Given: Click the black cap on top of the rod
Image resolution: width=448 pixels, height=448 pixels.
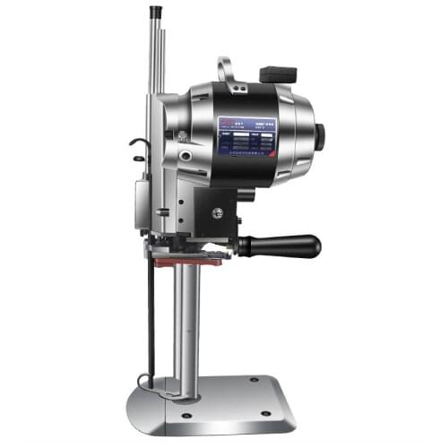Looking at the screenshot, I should pyautogui.click(x=154, y=12).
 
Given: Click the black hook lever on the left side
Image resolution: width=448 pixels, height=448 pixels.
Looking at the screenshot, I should pyautogui.click(x=136, y=145).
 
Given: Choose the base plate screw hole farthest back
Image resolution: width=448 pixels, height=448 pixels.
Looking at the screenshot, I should pyautogui.click(x=254, y=379).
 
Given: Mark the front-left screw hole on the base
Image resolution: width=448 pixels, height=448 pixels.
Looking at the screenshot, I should pyautogui.click(x=185, y=415).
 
